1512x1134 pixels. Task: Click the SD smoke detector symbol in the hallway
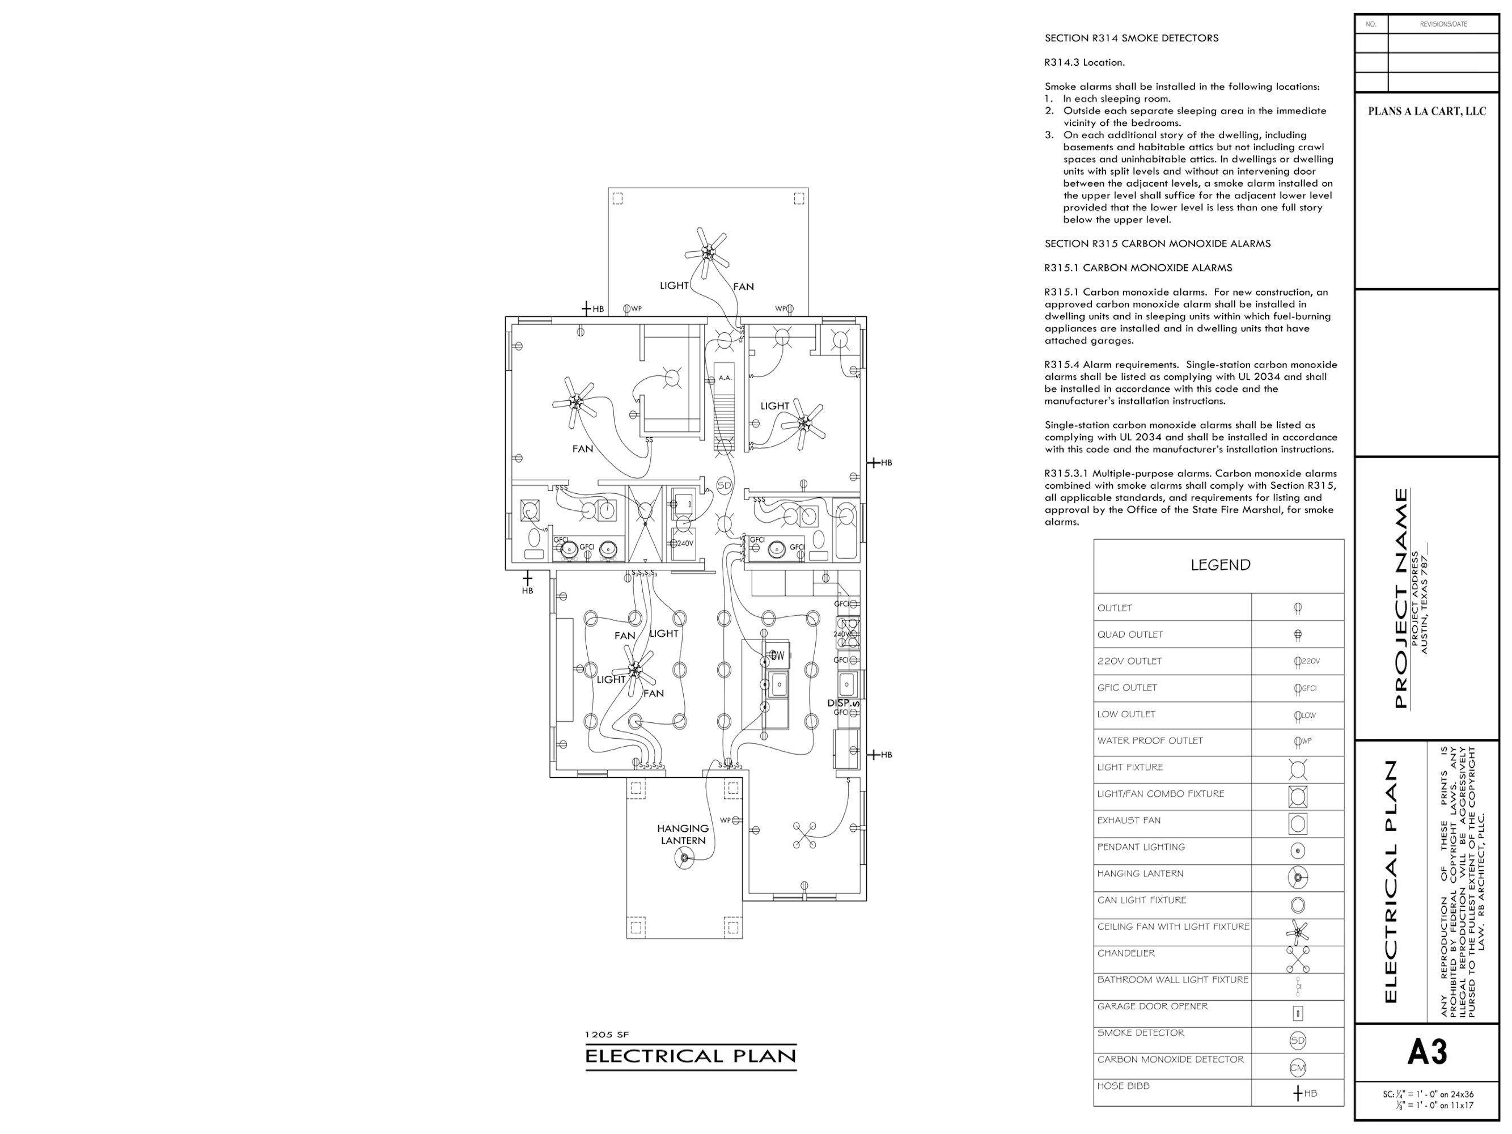point(724,485)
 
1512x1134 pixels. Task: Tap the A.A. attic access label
point(725,377)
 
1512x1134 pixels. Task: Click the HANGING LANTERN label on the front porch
point(683,834)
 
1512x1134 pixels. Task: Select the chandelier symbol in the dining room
point(804,835)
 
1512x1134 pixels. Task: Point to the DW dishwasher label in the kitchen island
point(777,655)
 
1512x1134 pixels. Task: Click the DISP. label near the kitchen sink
point(840,703)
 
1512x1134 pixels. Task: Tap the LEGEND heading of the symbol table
point(1220,565)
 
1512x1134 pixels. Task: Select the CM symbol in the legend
point(1297,1067)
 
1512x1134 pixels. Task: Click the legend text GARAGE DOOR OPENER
point(1153,1006)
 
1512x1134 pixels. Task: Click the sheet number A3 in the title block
point(1426,1052)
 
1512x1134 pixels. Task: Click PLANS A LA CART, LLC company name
point(1426,112)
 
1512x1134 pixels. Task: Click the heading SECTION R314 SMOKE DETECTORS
point(1131,39)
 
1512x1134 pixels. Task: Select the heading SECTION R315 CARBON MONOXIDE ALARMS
point(1157,243)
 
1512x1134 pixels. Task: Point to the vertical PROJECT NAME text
point(1400,598)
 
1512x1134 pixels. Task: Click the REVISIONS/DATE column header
point(1443,24)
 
